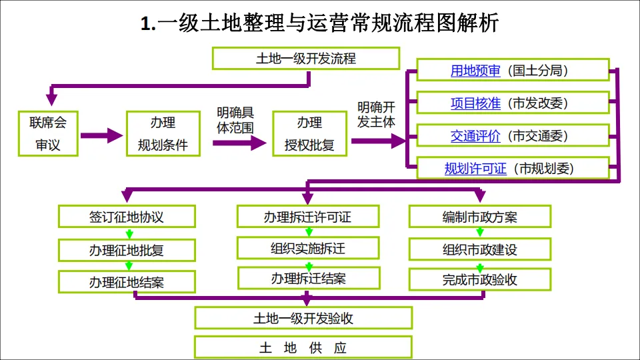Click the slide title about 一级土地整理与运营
[320, 24]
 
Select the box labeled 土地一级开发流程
[306, 59]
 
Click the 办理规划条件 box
[163, 133]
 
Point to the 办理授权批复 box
[309, 133]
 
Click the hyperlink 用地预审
[475, 71]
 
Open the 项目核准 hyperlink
[475, 103]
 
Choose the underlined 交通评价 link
[475, 136]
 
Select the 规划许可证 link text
[475, 169]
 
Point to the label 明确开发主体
[377, 115]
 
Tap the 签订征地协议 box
[127, 217]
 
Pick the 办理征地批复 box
[127, 251]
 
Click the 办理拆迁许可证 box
[307, 217]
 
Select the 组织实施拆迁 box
[308, 249]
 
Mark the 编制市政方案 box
[480, 217]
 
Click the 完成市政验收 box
[480, 280]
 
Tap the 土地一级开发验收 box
[303, 319]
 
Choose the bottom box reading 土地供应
[303, 348]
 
